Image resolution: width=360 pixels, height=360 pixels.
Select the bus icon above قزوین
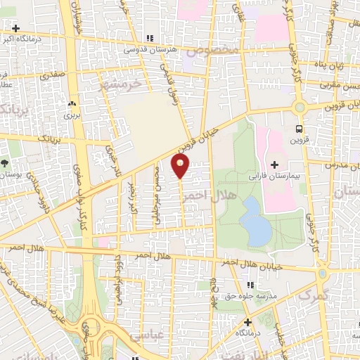coord(299,129)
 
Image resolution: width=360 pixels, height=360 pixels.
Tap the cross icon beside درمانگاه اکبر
coord(15,28)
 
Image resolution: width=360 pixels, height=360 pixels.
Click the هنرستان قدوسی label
coord(148,50)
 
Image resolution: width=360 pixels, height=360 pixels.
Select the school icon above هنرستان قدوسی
coord(148,39)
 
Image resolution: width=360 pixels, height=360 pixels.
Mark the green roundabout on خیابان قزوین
coord(300,108)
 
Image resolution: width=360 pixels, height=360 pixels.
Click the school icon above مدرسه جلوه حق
coord(248,284)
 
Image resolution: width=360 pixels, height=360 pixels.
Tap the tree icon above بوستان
coord(5,162)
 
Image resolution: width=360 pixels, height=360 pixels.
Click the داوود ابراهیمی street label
coord(120,271)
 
